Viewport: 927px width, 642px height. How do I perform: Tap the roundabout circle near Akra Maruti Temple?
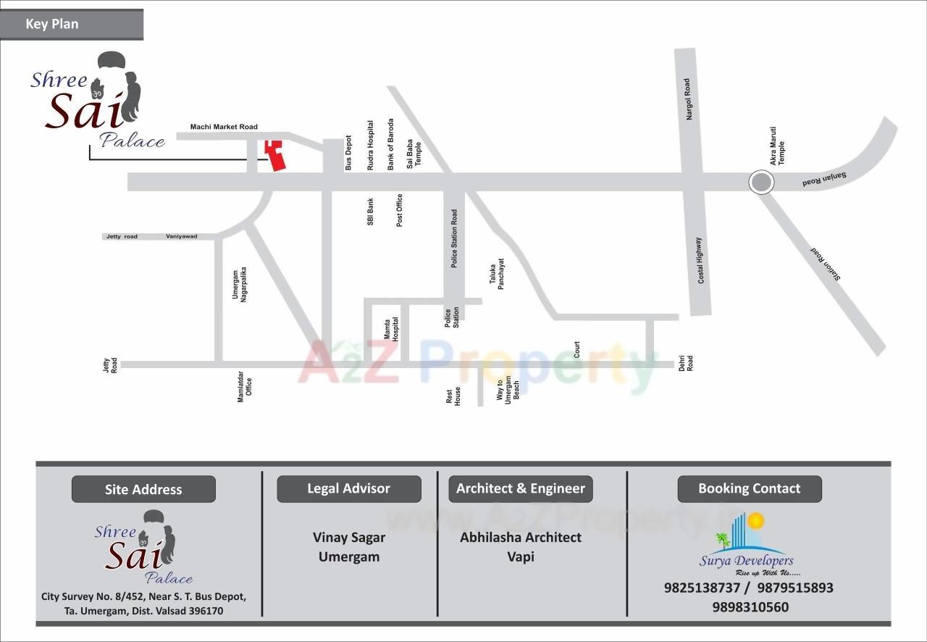click(760, 182)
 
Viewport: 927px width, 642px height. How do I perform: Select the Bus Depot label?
click(348, 153)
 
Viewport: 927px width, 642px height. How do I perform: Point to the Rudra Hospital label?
click(370, 145)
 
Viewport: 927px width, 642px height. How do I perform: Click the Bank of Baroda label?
click(390, 144)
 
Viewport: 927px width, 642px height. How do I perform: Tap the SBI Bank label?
click(370, 212)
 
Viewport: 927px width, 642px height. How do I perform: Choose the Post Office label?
click(399, 210)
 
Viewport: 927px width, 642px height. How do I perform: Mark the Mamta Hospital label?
click(391, 329)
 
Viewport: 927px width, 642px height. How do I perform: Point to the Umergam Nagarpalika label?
click(239, 284)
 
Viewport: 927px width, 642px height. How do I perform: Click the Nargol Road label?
click(688, 99)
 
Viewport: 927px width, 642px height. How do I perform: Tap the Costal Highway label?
click(700, 260)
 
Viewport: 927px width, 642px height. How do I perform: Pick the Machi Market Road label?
click(224, 127)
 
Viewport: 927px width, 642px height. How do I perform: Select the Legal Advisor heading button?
click(348, 489)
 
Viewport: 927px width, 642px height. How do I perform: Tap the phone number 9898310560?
click(750, 607)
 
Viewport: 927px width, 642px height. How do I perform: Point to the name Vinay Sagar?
click(348, 538)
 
